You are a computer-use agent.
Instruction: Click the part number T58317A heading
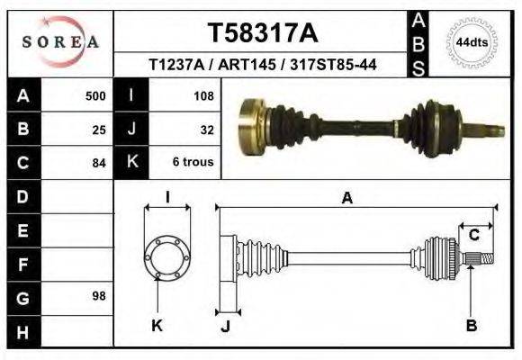point(263,33)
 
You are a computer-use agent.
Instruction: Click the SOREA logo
point(60,41)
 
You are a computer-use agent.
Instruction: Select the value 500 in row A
point(95,95)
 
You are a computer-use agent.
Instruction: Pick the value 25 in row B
point(99,129)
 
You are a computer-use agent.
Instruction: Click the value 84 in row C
point(99,163)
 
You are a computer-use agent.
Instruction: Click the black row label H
point(22,332)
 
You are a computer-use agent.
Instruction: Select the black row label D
point(22,196)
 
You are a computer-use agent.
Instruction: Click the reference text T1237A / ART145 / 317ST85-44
point(263,66)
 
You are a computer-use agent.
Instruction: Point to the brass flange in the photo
point(251,124)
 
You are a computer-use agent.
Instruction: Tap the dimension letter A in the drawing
point(346,199)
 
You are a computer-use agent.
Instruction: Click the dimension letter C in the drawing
point(473,236)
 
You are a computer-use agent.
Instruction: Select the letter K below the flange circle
point(157,325)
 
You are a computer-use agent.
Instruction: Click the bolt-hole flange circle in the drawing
point(166,257)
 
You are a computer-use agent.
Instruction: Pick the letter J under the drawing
point(225,326)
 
